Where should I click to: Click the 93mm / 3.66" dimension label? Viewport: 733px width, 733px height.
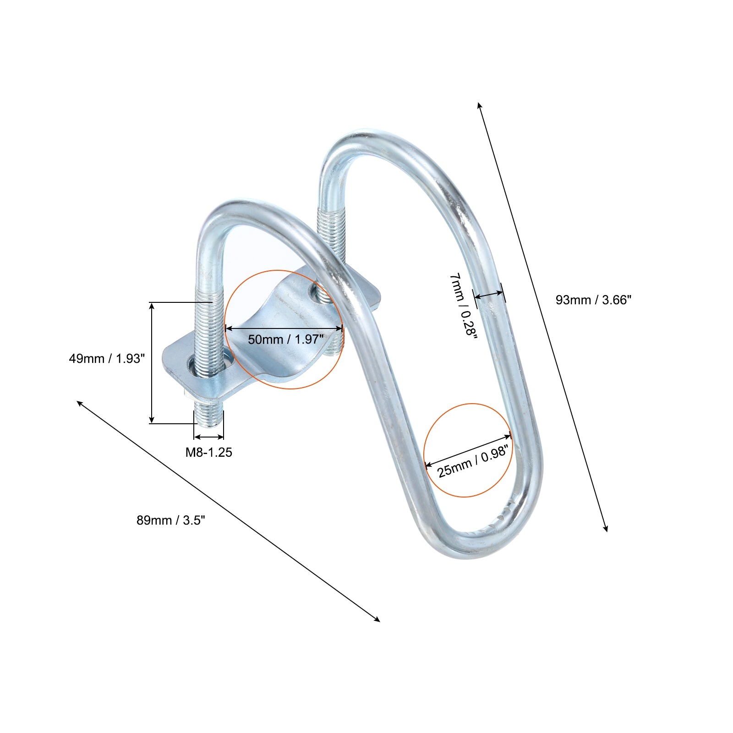coord(593,300)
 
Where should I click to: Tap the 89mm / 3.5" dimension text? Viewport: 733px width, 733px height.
coord(171,520)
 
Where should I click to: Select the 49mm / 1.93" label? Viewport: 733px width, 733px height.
coord(107,358)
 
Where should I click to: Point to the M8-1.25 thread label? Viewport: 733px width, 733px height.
coord(208,452)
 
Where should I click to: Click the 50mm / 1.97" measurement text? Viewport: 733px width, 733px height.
coord(286,339)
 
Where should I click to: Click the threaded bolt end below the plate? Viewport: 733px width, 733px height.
coord(208,412)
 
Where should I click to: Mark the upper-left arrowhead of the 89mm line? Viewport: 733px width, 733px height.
coord(79,403)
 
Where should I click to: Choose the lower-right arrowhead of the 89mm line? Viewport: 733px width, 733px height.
coord(377,619)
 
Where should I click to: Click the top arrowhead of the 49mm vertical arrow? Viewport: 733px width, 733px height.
coord(152,306)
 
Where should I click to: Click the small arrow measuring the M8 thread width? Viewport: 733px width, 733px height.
coord(209,437)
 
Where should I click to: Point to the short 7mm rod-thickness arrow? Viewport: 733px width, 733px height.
coord(489,294)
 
